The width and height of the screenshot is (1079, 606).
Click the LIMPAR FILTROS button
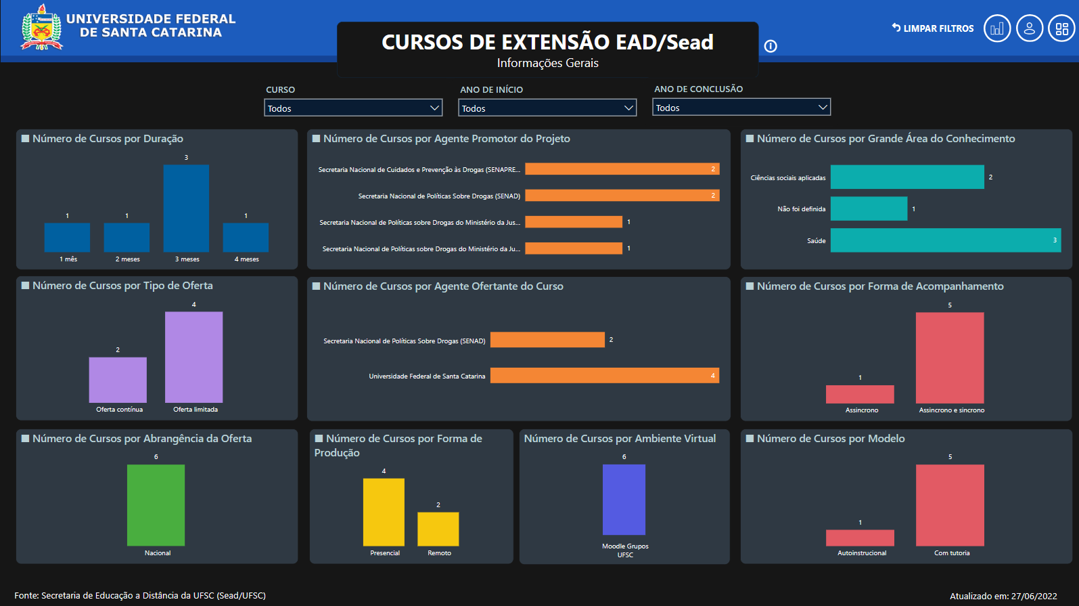coord(933,28)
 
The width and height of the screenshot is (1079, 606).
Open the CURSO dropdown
coord(352,108)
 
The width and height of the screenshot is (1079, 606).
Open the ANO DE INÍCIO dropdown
coord(547,108)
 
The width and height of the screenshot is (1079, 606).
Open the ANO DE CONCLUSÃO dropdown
coord(741,108)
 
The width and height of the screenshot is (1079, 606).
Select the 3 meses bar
coord(186,209)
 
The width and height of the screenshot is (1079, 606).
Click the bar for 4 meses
coord(246,237)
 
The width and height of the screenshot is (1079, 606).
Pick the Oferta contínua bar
coord(118,380)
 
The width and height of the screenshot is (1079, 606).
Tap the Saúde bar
coord(945,240)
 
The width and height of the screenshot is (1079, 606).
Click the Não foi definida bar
coord(869,209)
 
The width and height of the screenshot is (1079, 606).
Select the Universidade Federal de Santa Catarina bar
coord(604,376)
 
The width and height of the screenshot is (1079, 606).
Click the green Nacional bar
coord(156,505)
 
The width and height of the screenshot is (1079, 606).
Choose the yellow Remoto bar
coord(438,529)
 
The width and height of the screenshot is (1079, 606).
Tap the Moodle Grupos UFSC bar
coord(624,500)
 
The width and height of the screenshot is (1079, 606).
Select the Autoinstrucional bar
coord(860,538)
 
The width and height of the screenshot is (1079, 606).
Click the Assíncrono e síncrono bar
coord(950,358)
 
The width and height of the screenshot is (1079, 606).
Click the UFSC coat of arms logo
coord(42,28)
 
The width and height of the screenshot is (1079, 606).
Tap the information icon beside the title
coord(771,46)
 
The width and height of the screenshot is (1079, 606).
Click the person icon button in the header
coord(1029,28)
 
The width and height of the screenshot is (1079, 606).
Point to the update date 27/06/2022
coord(1034,596)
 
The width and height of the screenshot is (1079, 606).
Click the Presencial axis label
coord(385,553)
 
